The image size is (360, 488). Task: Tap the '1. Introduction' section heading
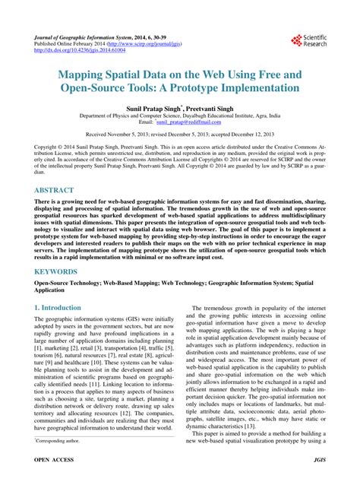click(58, 308)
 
